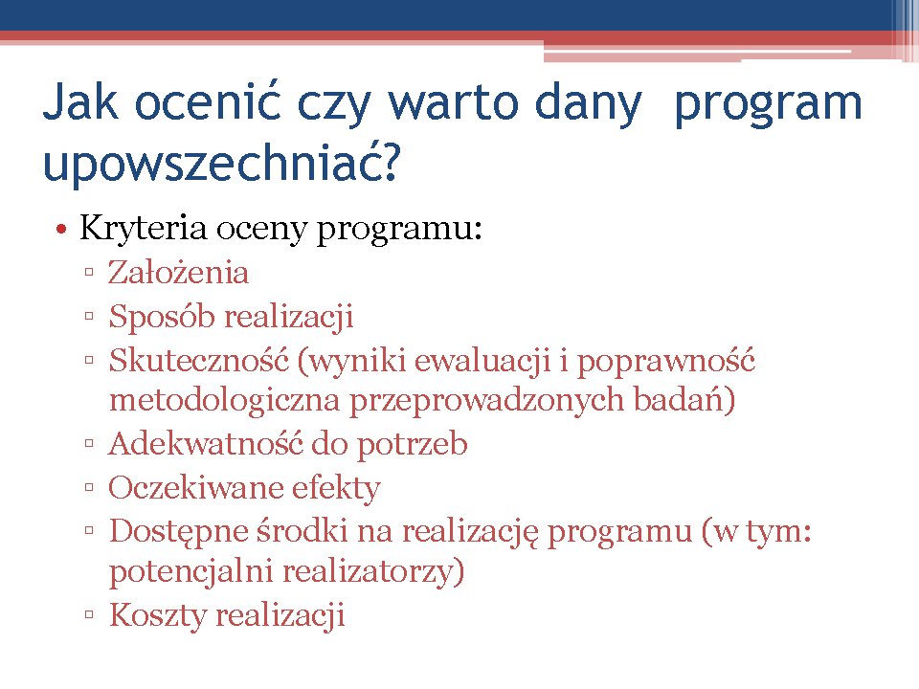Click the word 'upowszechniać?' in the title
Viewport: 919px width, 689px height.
[221, 163]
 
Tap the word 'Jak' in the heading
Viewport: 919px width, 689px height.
[80, 101]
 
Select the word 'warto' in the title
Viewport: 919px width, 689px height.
[454, 102]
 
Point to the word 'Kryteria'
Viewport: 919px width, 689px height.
[143, 228]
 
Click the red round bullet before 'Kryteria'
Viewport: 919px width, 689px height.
[61, 229]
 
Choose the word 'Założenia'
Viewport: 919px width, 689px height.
[179, 273]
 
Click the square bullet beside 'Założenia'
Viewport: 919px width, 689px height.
[89, 272]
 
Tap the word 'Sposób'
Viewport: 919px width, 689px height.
[163, 317]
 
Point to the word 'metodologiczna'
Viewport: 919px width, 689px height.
[224, 401]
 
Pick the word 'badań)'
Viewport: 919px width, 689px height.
[684, 401]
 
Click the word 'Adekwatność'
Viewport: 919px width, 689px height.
[206, 443]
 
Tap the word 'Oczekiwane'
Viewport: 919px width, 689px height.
[195, 487]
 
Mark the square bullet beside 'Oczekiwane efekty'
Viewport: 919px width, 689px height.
[89, 487]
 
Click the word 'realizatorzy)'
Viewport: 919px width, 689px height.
[373, 572]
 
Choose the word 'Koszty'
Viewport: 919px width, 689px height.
[158, 615]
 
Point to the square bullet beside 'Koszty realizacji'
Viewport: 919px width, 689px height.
[89, 614]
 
